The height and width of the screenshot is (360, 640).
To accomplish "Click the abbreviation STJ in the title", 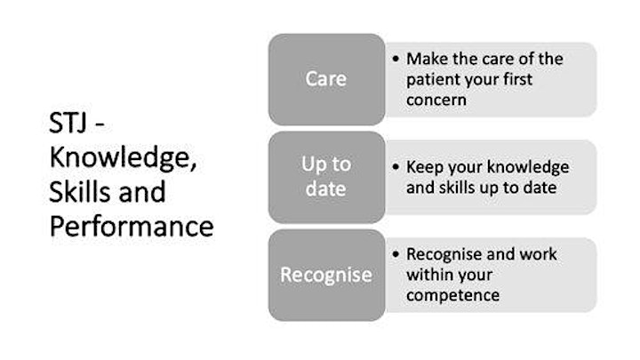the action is point(68,123).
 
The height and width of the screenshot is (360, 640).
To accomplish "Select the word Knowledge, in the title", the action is point(123,159).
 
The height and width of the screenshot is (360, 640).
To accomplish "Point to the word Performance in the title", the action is point(132,227).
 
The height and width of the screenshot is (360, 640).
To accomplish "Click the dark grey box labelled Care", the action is point(326,79).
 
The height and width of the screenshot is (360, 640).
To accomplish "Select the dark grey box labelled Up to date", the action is point(326,177).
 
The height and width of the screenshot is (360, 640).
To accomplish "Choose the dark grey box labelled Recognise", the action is point(326,275).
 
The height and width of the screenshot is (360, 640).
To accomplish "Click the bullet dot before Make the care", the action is point(396,60).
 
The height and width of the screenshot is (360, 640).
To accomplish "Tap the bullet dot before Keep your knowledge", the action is point(396,167).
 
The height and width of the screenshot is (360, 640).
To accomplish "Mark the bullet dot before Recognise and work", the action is point(396,254).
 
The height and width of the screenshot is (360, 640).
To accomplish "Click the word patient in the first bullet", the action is point(431,80).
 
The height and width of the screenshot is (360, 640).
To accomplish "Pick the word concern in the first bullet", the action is point(436,100).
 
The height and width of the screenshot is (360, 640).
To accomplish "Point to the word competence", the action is point(452,296).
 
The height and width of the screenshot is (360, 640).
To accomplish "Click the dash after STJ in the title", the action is point(100,125).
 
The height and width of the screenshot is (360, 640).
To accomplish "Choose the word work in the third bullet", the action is point(538,254).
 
